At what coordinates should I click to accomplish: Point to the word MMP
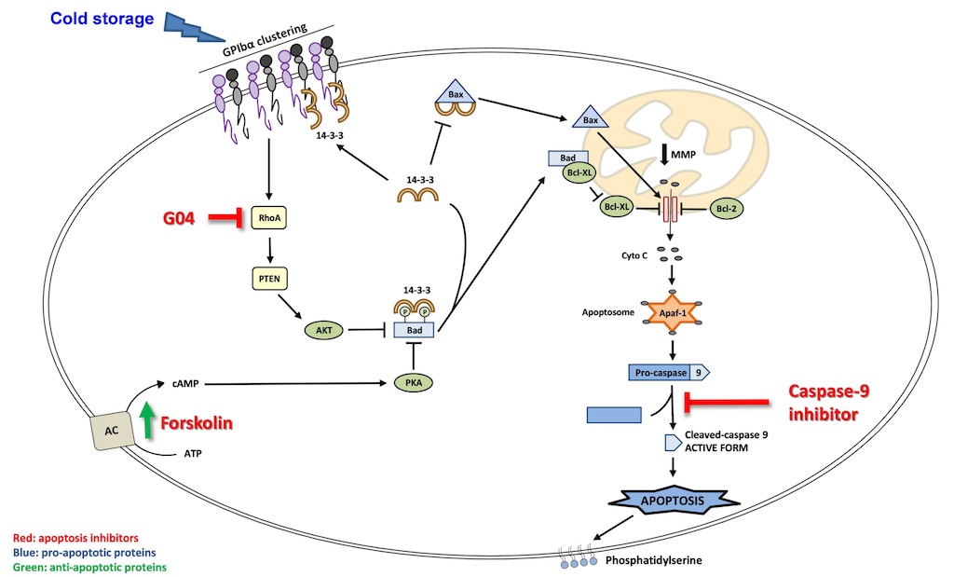[697, 151]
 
